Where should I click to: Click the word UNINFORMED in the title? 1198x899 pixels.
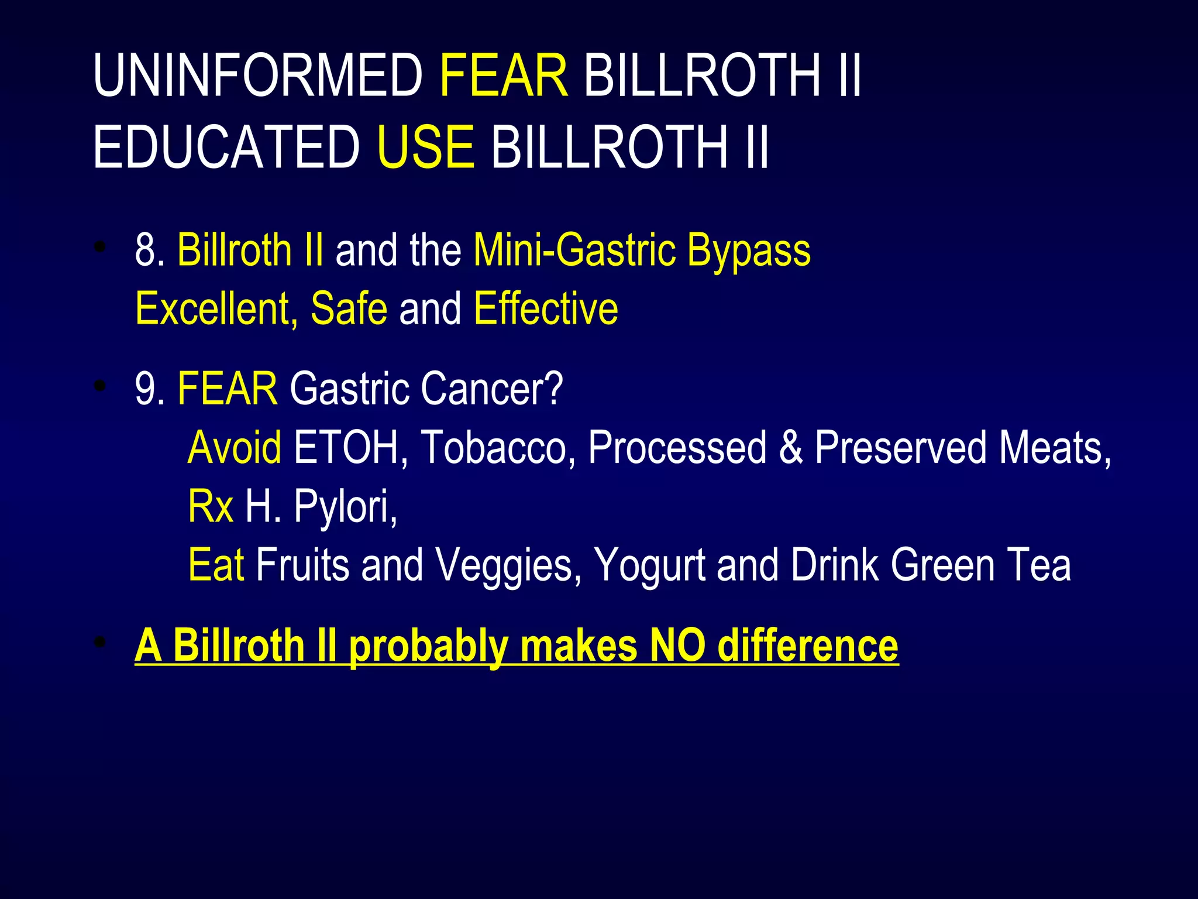[257, 76]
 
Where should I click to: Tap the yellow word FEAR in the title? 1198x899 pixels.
[503, 76]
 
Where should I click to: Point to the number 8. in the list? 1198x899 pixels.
[150, 250]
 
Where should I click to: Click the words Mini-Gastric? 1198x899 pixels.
[573, 250]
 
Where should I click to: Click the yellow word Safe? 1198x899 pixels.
[349, 308]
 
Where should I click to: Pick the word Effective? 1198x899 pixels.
[546, 308]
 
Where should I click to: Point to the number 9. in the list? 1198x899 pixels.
[150, 388]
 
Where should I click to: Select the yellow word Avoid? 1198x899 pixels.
[235, 447]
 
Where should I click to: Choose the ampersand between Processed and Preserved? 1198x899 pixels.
[790, 447]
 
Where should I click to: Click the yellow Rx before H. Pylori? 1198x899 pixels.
[210, 506]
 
